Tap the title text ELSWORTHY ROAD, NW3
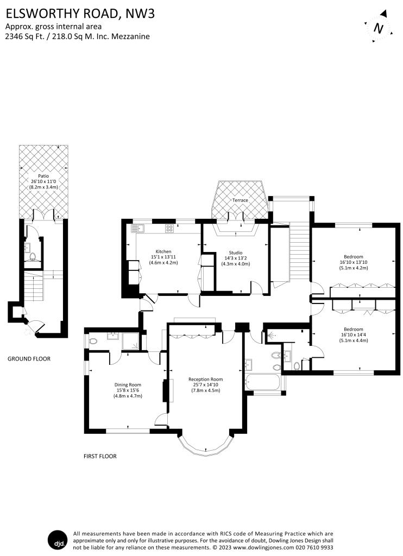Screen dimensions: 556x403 tap(80, 14)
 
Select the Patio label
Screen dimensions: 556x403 tap(43, 175)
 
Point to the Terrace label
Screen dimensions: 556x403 tap(240, 200)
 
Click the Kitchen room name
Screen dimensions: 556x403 tap(163, 251)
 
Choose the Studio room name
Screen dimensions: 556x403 tap(235, 252)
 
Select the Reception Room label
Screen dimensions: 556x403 tap(205, 379)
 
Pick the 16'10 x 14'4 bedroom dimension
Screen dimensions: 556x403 tap(353, 334)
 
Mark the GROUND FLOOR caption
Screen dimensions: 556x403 tap(29, 359)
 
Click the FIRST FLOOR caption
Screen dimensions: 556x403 tap(100, 456)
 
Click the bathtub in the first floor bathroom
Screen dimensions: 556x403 tap(262, 382)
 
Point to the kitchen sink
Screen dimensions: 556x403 tap(136, 229)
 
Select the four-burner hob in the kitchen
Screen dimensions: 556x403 tap(169, 229)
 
